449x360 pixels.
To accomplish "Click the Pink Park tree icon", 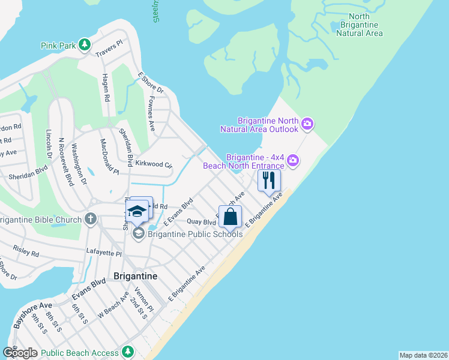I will pyautogui.click(x=85, y=44).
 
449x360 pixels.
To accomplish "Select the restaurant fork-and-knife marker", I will pyautogui.click(x=268, y=180).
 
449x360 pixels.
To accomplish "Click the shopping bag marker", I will pyautogui.click(x=231, y=217).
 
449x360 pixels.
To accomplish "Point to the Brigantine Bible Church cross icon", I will pyautogui.click(x=91, y=219).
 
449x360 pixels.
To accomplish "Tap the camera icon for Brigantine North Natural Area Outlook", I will pyautogui.click(x=307, y=124).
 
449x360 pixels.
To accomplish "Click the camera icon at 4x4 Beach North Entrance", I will pyautogui.click(x=293, y=160).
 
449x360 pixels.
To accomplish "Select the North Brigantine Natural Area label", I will pyautogui.click(x=359, y=25).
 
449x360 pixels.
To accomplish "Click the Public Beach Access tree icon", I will pyautogui.click(x=127, y=351).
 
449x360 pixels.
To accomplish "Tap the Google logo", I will pyautogui.click(x=20, y=353).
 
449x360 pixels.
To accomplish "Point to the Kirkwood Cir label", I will pyautogui.click(x=154, y=164).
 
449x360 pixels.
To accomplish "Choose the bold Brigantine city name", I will pyautogui.click(x=135, y=276).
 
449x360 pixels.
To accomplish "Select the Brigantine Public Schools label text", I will pyautogui.click(x=196, y=234).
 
